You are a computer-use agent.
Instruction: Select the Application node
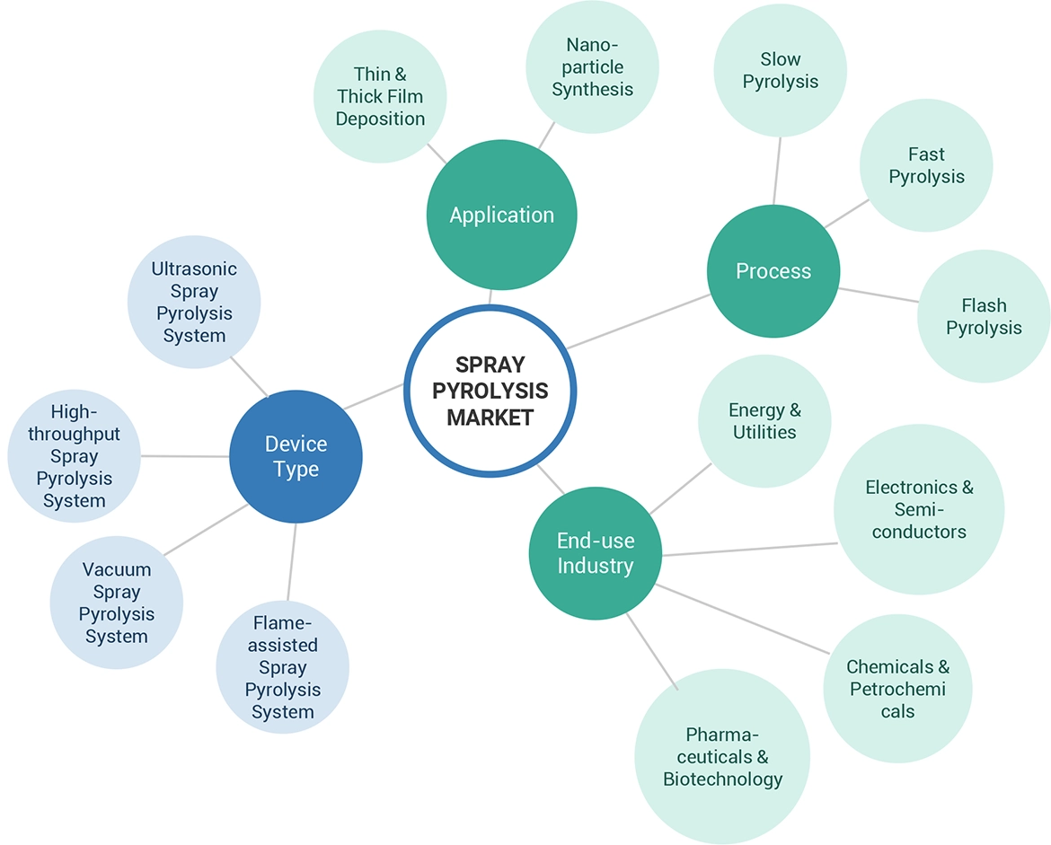[x=501, y=215]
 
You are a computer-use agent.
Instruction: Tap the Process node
[x=773, y=271]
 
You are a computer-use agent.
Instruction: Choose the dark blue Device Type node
[x=296, y=456]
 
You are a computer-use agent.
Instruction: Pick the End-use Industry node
[x=595, y=553]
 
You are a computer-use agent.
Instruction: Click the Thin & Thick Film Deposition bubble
[x=380, y=97]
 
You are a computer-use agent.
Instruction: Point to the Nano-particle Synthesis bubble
[x=592, y=67]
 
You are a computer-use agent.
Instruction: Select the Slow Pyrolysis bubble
[x=780, y=70]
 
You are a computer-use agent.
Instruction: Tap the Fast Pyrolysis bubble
[x=926, y=165]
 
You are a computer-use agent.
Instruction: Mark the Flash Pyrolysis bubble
[x=984, y=316]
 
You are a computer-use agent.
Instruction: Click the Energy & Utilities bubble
[x=764, y=421]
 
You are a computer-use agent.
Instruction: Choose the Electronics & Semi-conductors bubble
[x=919, y=509]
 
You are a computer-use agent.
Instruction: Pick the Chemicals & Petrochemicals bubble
[x=897, y=689]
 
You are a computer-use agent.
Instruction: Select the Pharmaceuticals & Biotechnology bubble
[x=722, y=756]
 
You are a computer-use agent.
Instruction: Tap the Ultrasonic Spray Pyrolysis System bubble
[x=194, y=302]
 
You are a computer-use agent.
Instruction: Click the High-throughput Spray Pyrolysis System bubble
[x=74, y=456]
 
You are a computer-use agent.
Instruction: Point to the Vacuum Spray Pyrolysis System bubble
[x=117, y=603]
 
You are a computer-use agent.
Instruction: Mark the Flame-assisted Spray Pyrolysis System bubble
[x=282, y=667]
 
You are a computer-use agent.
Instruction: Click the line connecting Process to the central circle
[x=638, y=321]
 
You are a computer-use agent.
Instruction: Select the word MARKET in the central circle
[x=490, y=418]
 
